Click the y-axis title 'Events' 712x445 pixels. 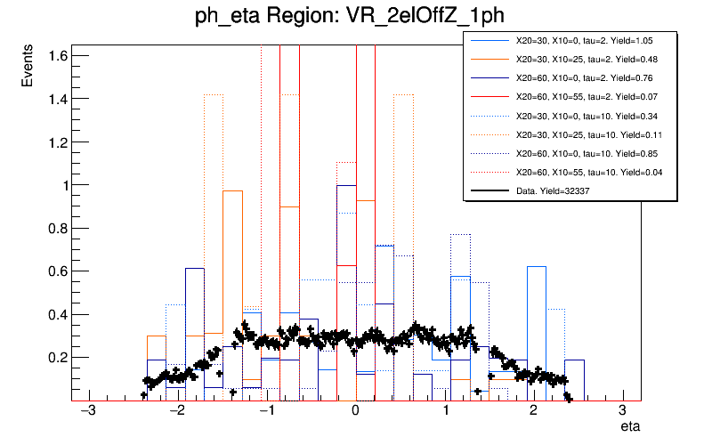click(x=28, y=68)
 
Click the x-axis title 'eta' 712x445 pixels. click(x=629, y=428)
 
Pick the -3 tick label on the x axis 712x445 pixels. click(x=87, y=412)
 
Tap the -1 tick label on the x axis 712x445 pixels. click(x=265, y=412)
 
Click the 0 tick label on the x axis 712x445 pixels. click(x=356, y=412)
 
